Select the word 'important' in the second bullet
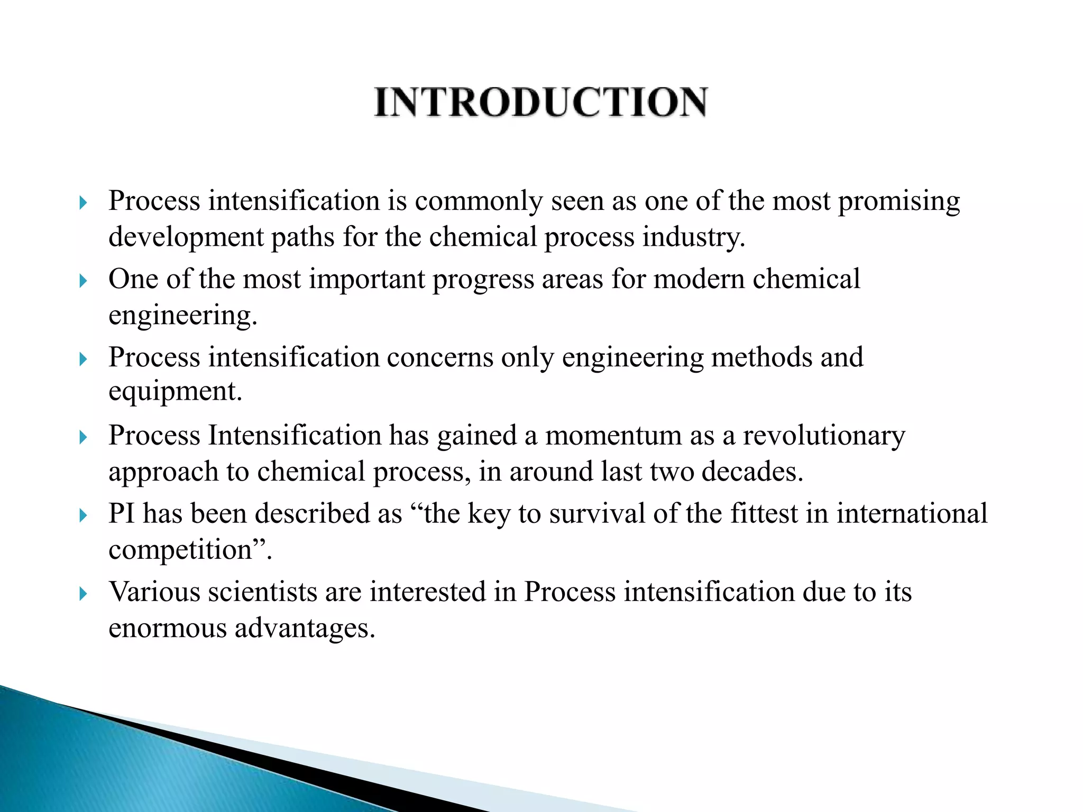366,279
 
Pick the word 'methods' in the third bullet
761,357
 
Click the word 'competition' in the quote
180,550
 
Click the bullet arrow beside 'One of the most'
82,280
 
